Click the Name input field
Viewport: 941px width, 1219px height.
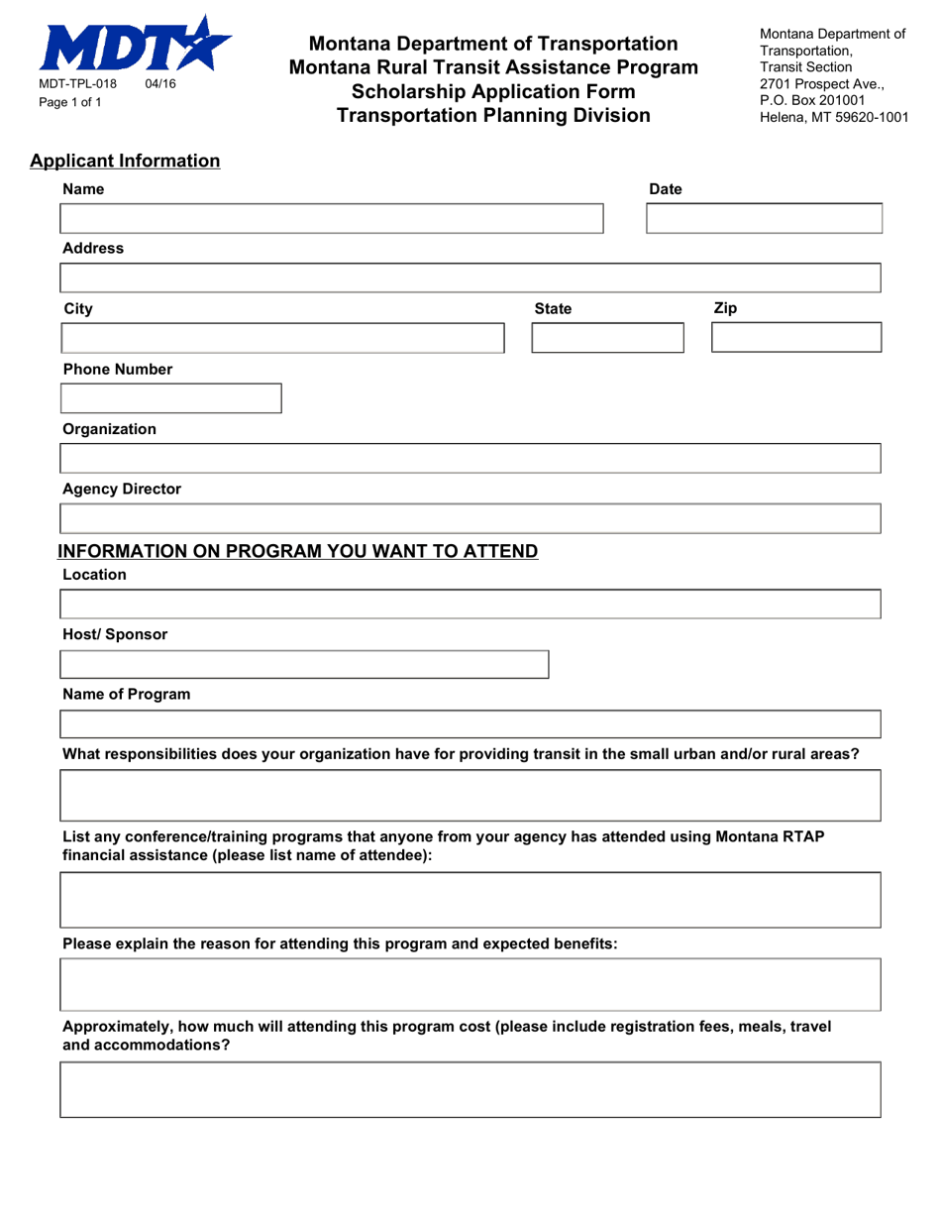click(332, 218)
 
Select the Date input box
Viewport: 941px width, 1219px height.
click(763, 218)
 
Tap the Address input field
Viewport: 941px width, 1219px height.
click(470, 277)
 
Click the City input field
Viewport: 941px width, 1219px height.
click(282, 338)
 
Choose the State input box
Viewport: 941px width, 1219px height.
click(607, 338)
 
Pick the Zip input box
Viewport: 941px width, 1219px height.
click(795, 338)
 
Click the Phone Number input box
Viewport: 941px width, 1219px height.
click(171, 398)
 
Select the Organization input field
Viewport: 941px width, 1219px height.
click(470, 459)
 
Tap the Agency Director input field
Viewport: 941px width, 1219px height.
click(470, 518)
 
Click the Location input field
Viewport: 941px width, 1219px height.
click(470, 604)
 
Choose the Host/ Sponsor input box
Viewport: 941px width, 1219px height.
click(304, 664)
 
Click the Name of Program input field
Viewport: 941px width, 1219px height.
click(470, 724)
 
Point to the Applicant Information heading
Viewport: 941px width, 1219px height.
click(125, 161)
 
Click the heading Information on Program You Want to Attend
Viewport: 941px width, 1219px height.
click(298, 551)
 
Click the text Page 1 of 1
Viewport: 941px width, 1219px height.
click(70, 101)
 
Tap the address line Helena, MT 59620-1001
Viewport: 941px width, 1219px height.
click(833, 116)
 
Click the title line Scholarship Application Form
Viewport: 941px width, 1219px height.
click(493, 91)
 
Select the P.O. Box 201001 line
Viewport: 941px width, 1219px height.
click(813, 99)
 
